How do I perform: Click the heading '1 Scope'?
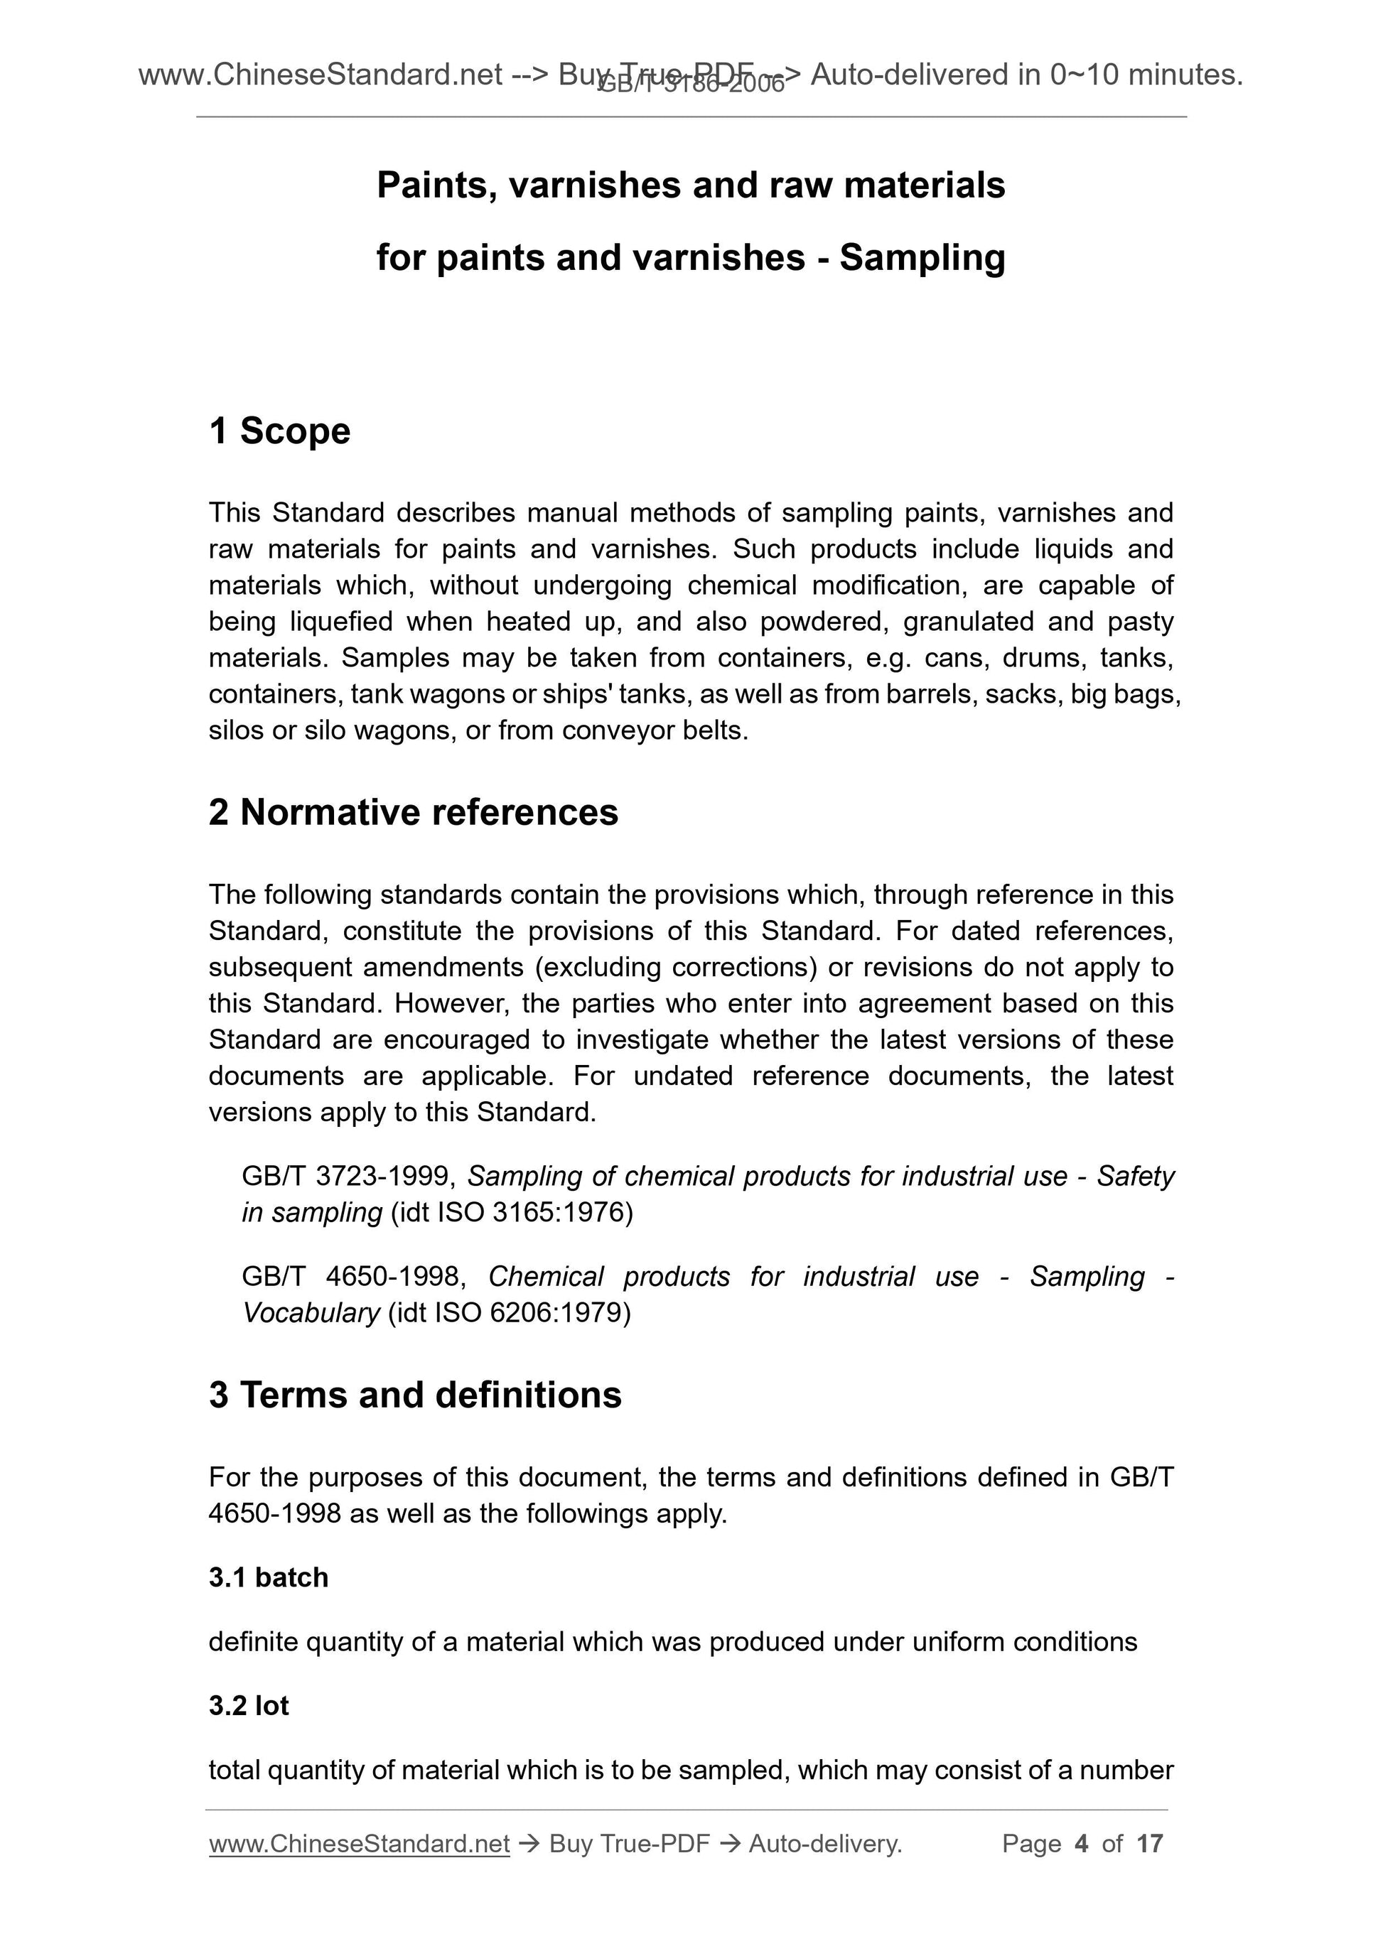click(x=279, y=431)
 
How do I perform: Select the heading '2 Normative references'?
click(x=414, y=813)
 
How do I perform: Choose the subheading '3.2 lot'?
click(x=249, y=1705)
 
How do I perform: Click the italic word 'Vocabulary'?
click(x=311, y=1313)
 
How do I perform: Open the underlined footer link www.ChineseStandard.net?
click(x=359, y=1844)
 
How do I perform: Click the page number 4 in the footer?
click(x=1082, y=1844)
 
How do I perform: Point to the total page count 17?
click(x=1149, y=1844)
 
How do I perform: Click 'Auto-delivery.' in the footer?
click(x=825, y=1844)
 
